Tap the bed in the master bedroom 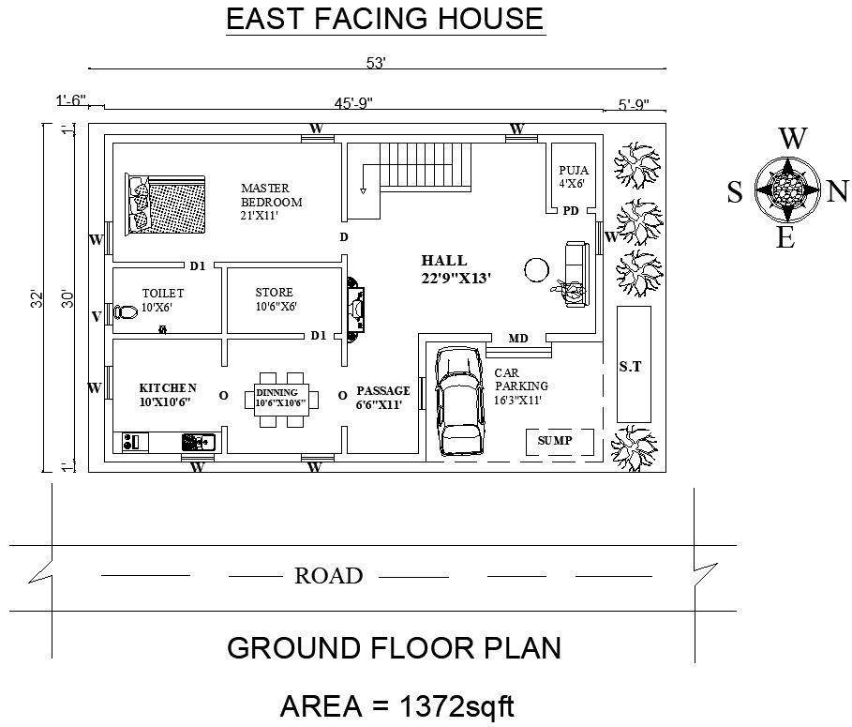tap(165, 204)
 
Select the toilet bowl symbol tap(125, 312)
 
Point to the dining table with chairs tap(281, 400)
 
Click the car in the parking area tap(460, 401)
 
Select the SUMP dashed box tap(560, 442)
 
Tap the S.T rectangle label tap(630, 367)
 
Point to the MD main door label tap(517, 339)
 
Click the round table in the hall tap(537, 269)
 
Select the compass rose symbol tap(787, 189)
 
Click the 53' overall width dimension tap(376, 63)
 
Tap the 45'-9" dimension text tap(353, 103)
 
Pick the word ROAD tap(329, 575)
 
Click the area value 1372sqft tap(456, 706)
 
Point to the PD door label tap(571, 210)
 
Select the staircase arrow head tap(363, 190)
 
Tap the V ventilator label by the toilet tap(97, 316)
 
